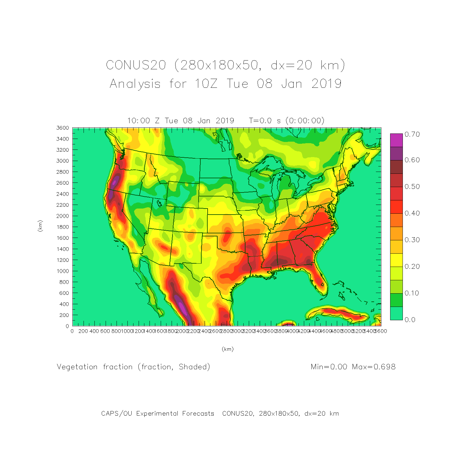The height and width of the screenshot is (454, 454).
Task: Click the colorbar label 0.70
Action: (x=412, y=134)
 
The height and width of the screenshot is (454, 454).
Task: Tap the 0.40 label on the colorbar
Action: (x=412, y=213)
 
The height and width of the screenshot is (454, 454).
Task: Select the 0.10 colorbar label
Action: (x=412, y=293)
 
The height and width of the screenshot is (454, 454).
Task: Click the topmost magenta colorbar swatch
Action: (x=396, y=140)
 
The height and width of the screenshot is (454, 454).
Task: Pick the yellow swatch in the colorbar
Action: (x=396, y=260)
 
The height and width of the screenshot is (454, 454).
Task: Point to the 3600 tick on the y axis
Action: (x=62, y=128)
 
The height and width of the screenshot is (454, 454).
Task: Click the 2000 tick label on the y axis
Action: (x=62, y=216)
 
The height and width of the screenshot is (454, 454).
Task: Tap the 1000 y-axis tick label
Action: (x=62, y=271)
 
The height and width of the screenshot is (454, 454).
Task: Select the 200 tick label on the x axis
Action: (x=83, y=331)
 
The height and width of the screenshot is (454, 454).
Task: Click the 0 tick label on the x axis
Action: (x=72, y=331)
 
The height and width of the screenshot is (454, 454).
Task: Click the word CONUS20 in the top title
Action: (x=136, y=65)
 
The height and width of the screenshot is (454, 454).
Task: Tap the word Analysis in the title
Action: (x=135, y=84)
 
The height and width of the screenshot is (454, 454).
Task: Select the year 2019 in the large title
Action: (x=327, y=84)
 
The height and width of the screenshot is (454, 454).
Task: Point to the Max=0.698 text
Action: (x=374, y=367)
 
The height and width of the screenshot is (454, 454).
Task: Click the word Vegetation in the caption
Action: (x=77, y=367)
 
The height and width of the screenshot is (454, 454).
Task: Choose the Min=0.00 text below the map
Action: (x=329, y=367)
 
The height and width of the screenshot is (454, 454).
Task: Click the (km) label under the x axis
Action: (x=228, y=349)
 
